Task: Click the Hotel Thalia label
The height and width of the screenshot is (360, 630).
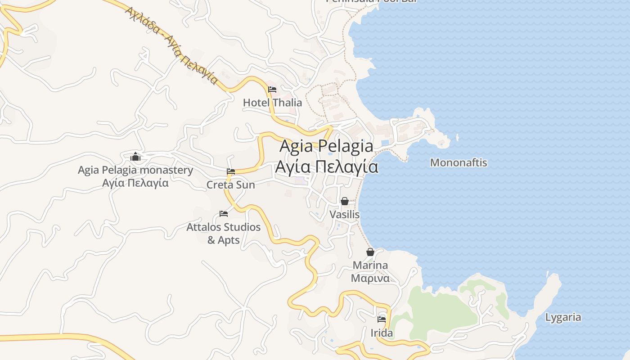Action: (x=272, y=103)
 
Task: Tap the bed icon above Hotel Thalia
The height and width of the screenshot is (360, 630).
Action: (x=272, y=90)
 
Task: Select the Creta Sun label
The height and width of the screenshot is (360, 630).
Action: (x=230, y=185)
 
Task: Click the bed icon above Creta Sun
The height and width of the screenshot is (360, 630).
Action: (x=231, y=171)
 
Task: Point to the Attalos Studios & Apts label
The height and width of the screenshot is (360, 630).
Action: (x=224, y=233)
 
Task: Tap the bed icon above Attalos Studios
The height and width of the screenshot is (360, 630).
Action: (x=224, y=214)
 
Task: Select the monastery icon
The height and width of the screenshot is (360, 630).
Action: (x=135, y=157)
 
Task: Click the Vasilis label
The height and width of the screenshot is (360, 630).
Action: (x=345, y=215)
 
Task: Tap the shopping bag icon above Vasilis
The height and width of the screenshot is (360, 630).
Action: (x=345, y=201)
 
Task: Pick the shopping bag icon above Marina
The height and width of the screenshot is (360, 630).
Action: (x=370, y=252)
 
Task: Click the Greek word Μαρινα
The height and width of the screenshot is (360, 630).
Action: (x=370, y=278)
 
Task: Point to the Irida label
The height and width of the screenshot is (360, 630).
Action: (x=382, y=333)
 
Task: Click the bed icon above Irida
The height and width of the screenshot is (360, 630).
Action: (x=382, y=319)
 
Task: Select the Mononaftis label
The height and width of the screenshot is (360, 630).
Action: (x=459, y=162)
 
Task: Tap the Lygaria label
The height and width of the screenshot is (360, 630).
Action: (x=563, y=317)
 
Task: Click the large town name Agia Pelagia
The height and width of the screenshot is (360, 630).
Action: (x=326, y=146)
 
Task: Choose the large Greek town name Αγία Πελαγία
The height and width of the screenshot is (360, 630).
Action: (x=326, y=166)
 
